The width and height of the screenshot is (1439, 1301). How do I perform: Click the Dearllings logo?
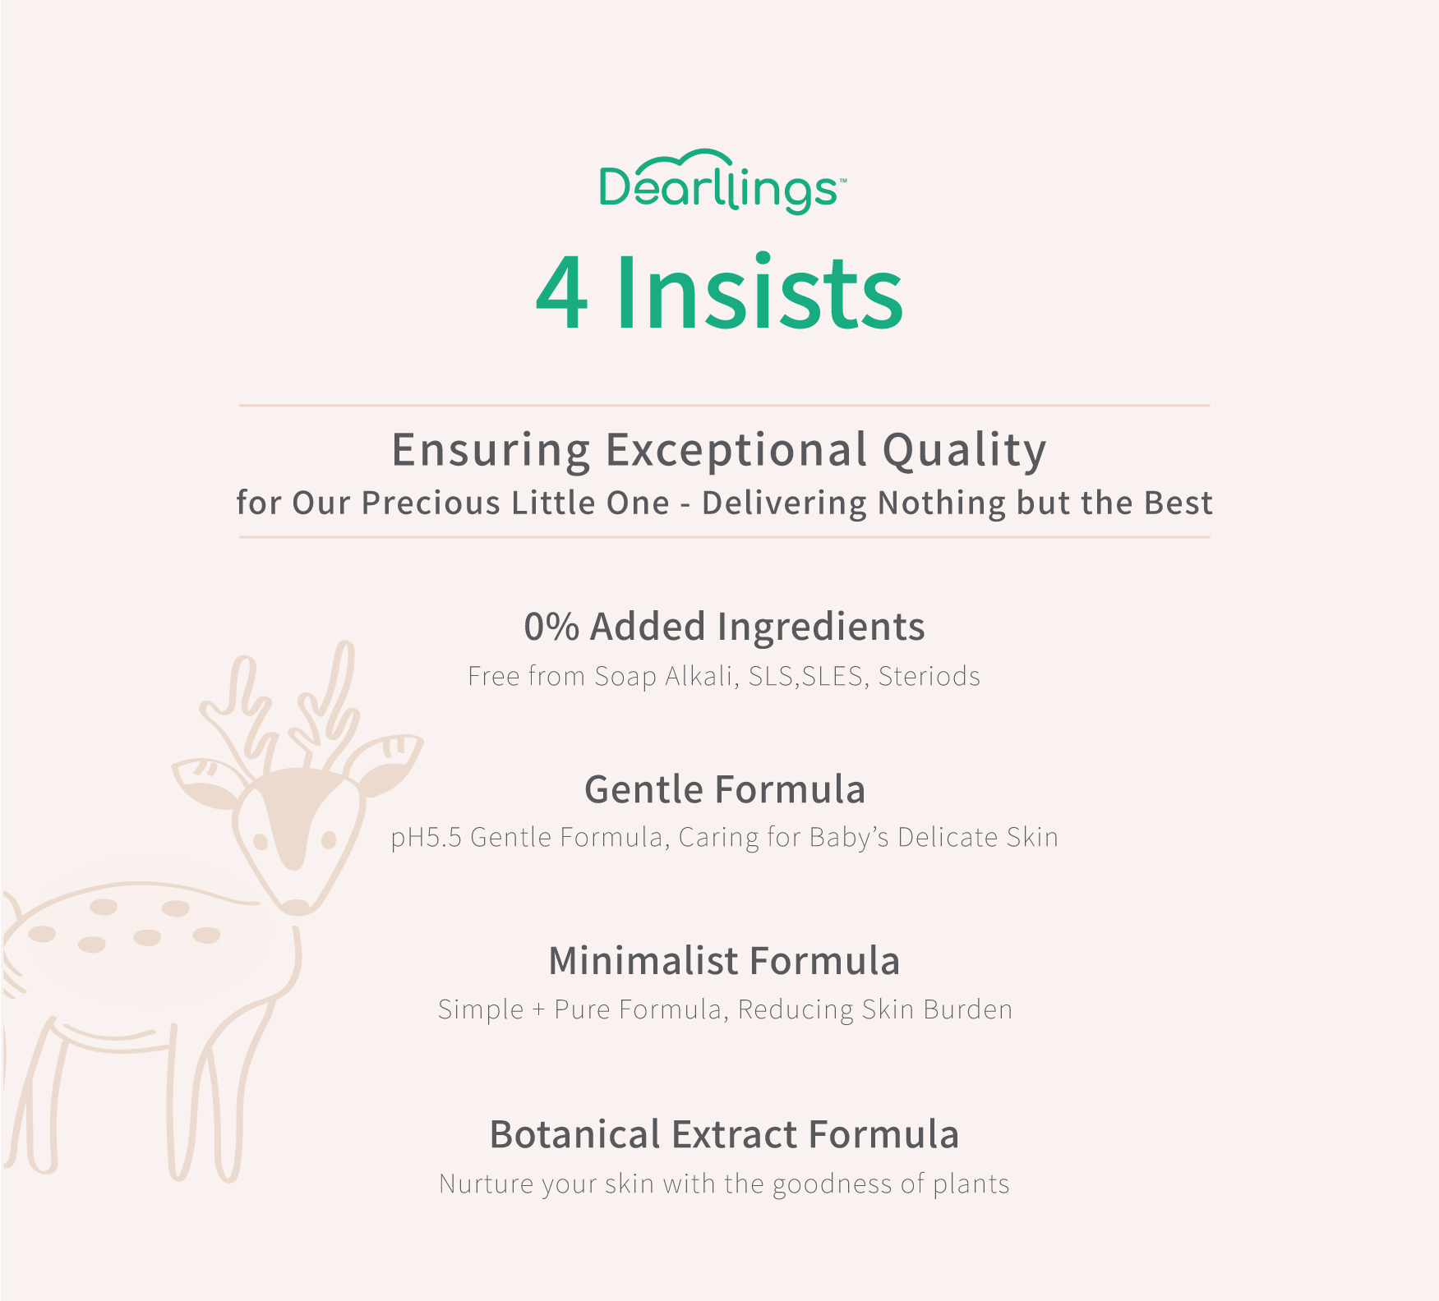(722, 182)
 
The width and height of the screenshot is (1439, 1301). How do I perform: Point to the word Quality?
(965, 451)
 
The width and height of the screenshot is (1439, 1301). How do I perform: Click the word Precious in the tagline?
(431, 503)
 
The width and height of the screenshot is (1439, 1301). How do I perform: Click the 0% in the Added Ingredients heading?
(551, 627)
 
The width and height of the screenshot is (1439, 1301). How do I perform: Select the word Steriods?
(929, 676)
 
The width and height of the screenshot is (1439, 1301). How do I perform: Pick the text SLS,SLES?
(805, 676)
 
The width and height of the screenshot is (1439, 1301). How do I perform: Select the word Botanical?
(575, 1134)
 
